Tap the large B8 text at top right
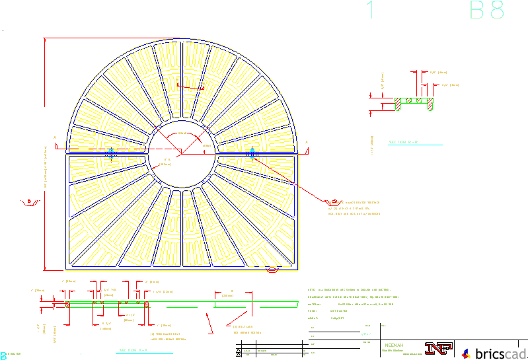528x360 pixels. [x=487, y=11]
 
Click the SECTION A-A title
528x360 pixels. [x=133, y=350]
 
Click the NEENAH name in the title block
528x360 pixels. [x=394, y=345]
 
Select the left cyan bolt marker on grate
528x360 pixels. [x=112, y=151]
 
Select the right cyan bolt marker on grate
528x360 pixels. [x=254, y=151]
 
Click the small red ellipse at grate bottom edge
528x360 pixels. [x=272, y=270]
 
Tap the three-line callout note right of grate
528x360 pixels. [x=354, y=207]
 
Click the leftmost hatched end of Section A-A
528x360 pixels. [x=68, y=304]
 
